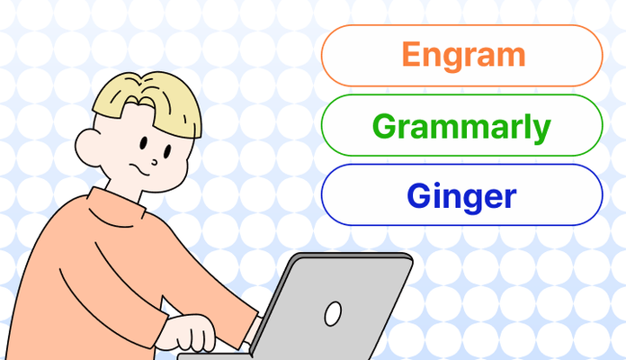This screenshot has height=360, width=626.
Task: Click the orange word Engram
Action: [x=462, y=54]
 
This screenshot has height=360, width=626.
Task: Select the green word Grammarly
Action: [x=461, y=126]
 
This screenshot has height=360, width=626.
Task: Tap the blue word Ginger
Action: [x=461, y=194]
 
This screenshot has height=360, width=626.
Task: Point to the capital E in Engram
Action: [x=411, y=54]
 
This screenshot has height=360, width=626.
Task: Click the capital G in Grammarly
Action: [x=384, y=126]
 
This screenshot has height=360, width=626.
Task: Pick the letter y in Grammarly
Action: [x=540, y=130]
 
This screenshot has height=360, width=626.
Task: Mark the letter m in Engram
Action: [x=507, y=56]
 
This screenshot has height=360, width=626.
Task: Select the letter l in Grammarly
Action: [x=525, y=125]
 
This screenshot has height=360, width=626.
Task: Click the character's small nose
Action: [x=155, y=161]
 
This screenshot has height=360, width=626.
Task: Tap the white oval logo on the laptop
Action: [x=333, y=313]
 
